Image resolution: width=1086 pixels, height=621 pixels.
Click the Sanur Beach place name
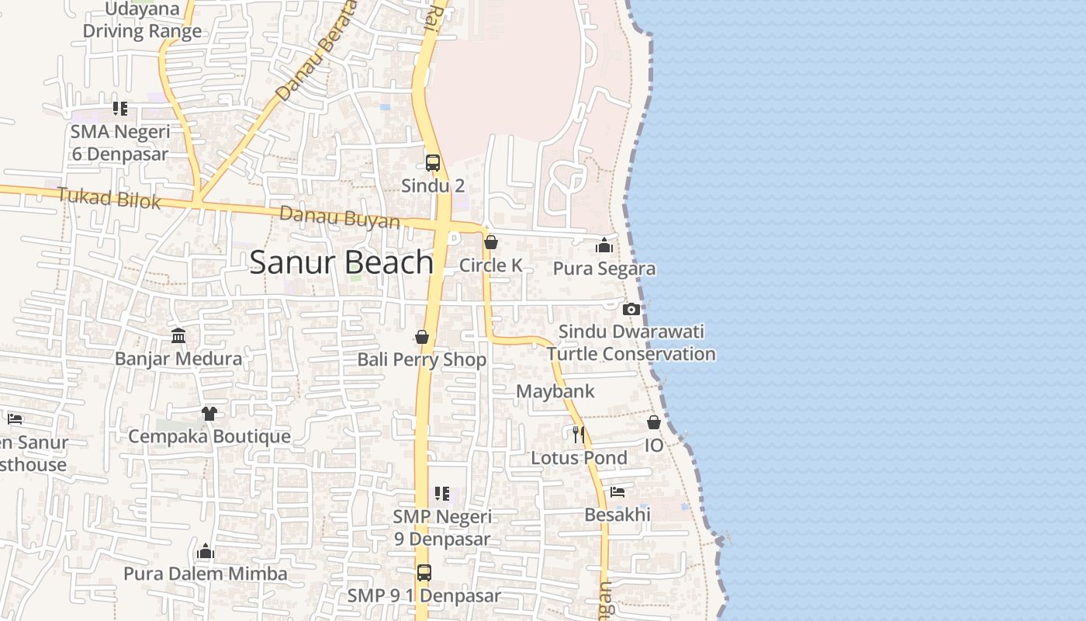(x=341, y=262)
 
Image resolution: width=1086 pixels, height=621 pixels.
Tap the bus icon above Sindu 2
(x=433, y=163)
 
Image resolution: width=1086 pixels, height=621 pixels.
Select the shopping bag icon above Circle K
(x=490, y=243)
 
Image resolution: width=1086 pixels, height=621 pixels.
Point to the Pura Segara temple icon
(x=604, y=246)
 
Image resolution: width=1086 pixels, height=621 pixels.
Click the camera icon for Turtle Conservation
(x=631, y=309)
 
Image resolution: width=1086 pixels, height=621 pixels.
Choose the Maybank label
(x=555, y=391)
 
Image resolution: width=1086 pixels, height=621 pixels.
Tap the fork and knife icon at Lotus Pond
(x=579, y=433)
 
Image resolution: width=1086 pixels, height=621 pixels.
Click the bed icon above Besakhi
(x=617, y=492)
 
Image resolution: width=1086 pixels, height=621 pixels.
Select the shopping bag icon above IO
(x=654, y=422)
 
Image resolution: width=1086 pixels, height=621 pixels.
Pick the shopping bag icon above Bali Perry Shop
(x=422, y=337)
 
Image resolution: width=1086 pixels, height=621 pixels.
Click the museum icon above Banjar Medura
(x=178, y=336)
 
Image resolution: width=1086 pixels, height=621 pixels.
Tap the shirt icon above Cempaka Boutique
(x=209, y=414)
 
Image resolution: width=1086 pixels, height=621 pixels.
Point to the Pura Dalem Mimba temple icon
(x=206, y=551)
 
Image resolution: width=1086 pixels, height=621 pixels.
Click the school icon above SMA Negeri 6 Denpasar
(x=119, y=109)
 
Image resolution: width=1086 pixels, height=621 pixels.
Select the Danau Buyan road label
(x=340, y=217)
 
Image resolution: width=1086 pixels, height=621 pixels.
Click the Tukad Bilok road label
(x=109, y=199)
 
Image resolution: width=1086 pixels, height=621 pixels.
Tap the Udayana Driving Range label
(x=142, y=21)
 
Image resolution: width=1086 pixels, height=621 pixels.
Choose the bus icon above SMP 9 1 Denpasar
(x=424, y=573)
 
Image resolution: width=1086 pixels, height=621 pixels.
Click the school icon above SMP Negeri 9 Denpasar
(x=442, y=494)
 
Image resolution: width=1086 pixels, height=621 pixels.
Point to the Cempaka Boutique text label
(x=209, y=436)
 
